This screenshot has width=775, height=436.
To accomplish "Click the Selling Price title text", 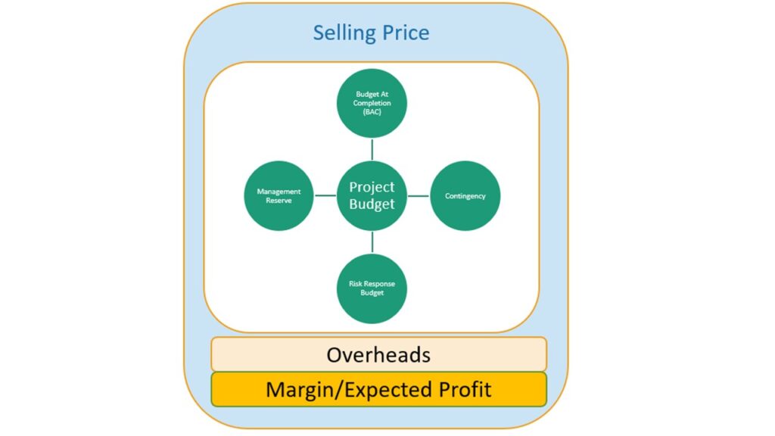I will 371,33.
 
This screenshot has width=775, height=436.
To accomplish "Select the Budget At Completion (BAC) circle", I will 372,103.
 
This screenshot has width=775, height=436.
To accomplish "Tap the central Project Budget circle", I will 372,196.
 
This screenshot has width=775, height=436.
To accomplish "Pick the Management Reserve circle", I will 279,196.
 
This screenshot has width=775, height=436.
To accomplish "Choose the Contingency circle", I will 465,196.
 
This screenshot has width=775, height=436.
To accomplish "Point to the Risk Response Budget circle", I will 372,288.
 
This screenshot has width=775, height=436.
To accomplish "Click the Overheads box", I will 378,354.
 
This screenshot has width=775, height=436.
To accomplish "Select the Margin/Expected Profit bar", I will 378,390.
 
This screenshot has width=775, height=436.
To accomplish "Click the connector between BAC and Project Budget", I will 372,149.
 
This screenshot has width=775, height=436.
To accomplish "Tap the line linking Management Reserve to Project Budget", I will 325,196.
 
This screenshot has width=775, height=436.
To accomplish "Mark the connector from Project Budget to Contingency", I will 418,196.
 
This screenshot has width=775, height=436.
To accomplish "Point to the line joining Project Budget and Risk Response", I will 372,242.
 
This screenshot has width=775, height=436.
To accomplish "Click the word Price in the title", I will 404,33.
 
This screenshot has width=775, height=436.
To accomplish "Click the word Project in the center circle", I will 372,188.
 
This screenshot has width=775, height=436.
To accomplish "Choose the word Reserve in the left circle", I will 279,201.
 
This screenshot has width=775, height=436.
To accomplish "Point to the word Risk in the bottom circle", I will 355,284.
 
